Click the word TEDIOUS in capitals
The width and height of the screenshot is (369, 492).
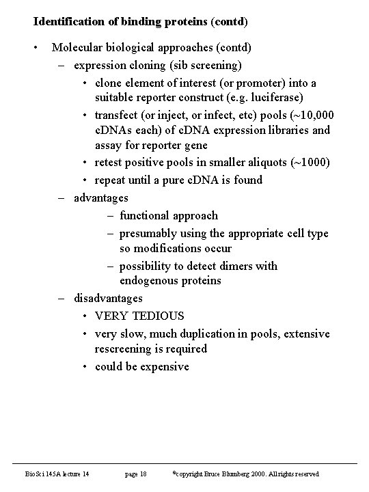click(159, 316)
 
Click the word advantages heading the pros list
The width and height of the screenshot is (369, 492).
click(100, 198)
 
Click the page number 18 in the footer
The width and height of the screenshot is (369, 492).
click(141, 474)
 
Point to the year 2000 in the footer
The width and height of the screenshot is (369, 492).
click(254, 474)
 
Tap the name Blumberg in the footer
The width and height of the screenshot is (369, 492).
click(231, 474)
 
